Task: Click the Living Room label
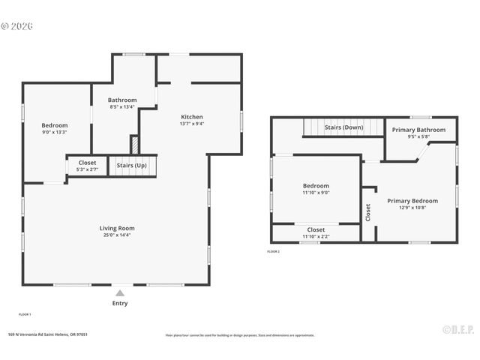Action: tap(117, 228)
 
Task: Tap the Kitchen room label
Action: tap(192, 117)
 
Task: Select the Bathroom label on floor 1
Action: tap(122, 100)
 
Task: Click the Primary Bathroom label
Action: tap(419, 130)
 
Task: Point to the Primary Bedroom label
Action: tap(412, 201)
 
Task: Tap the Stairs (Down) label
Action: tap(343, 127)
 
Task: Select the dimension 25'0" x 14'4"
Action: tap(117, 235)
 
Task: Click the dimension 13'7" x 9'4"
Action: tap(192, 124)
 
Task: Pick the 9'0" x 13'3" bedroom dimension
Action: tap(55, 133)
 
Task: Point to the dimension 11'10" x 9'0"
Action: tap(316, 193)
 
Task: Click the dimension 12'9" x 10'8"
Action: tap(412, 208)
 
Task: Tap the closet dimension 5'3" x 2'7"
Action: tap(87, 169)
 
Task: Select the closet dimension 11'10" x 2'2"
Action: tap(316, 237)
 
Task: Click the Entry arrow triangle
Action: tap(120, 293)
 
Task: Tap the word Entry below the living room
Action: tap(120, 304)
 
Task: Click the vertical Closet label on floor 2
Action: tap(368, 212)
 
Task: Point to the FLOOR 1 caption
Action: tap(25, 314)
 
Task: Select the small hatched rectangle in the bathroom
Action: tap(135, 144)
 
